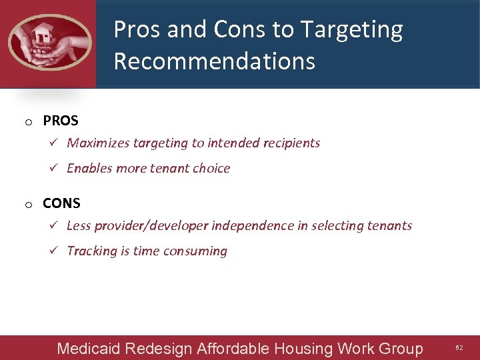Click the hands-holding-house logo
49,42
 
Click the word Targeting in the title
351,30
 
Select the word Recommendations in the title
214,61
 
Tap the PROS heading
61,121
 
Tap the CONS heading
61,203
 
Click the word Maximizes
98,143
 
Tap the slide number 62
459,348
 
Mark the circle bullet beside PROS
29,122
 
